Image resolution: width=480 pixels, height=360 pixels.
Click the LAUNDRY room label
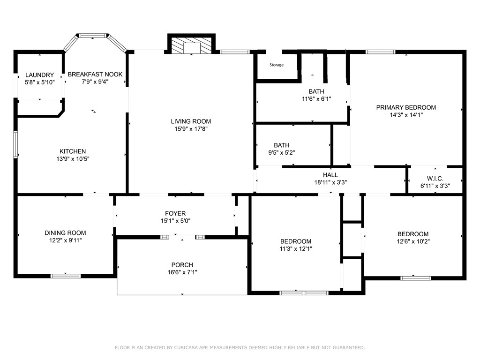click(39, 75)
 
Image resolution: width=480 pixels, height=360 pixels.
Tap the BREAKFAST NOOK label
click(95, 74)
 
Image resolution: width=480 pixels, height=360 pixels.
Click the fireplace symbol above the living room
click(191, 45)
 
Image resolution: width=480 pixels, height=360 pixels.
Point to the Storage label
click(276, 65)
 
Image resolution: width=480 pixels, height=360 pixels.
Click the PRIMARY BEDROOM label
click(406, 107)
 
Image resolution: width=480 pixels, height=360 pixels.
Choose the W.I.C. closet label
click(435, 179)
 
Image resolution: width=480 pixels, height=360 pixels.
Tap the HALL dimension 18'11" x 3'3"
click(330, 183)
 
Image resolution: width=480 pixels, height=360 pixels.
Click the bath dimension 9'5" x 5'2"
click(281, 152)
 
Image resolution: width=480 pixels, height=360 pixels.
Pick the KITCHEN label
click(72, 151)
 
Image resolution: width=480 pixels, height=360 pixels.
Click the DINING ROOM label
click(65, 233)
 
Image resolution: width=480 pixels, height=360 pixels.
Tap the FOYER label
click(175, 213)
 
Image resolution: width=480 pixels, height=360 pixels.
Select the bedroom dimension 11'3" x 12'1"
click(296, 249)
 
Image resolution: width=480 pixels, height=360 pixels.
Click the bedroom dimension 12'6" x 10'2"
click(413, 242)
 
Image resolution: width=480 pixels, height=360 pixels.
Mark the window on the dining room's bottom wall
click(66, 276)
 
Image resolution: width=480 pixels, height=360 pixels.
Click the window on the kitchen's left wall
click(15, 144)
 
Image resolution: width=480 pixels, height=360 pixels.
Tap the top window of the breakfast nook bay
click(93, 35)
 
